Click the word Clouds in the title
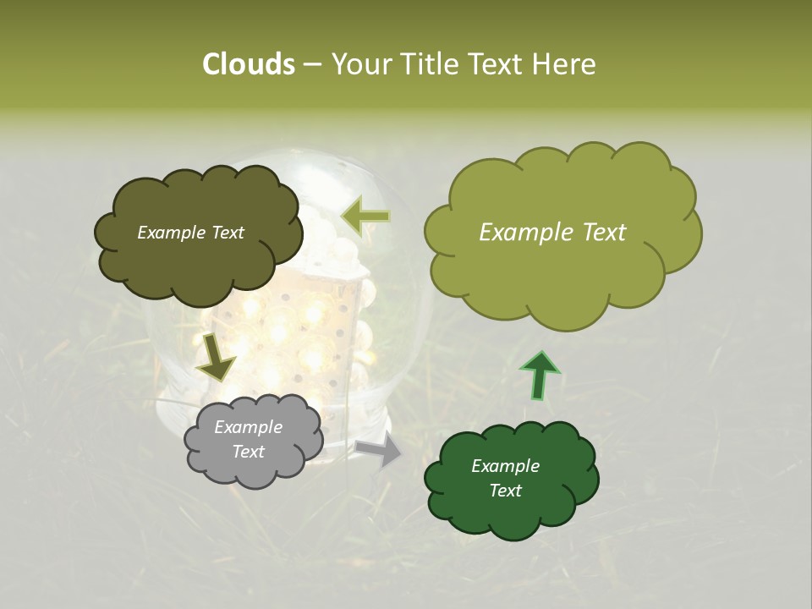tap(249, 64)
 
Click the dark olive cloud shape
tap(198, 262)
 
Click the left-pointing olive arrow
tap(365, 217)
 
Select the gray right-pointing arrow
tap(380, 451)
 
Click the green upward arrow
tap(539, 374)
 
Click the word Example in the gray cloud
tap(248, 427)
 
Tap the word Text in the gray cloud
tap(249, 452)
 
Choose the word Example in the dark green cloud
tap(505, 466)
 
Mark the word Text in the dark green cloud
tap(505, 491)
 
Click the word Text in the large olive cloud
tap(600, 233)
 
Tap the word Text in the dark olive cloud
tap(228, 233)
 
